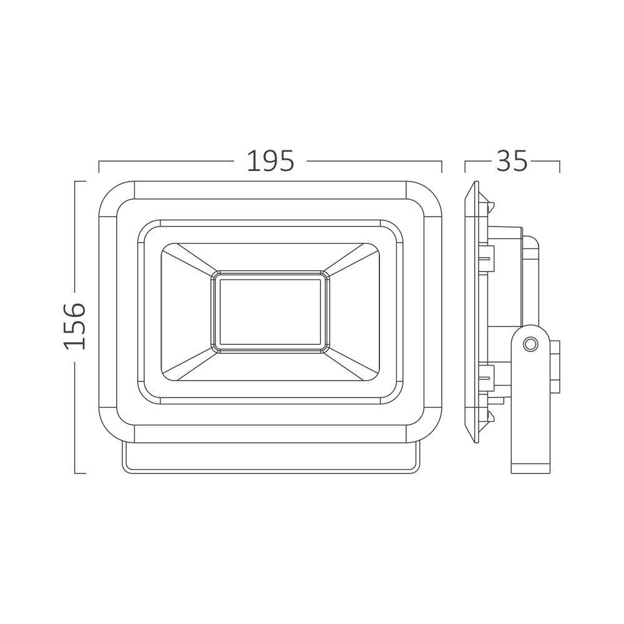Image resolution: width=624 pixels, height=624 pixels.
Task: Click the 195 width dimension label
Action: tap(271, 161)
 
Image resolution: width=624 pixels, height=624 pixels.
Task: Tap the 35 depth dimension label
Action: tap(512, 161)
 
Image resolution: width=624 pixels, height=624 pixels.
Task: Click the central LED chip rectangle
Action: tap(270, 312)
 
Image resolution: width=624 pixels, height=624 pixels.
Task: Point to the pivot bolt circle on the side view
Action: tap(530, 343)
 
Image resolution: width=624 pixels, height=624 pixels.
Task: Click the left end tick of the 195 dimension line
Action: tap(99, 167)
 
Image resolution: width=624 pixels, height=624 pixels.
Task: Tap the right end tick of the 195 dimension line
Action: tap(442, 167)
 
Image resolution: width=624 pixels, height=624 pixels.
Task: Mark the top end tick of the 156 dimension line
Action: tap(80, 182)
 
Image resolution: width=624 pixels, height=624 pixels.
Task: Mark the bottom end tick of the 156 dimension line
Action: tap(80, 473)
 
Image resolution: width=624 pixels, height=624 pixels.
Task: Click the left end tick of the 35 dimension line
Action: tap(466, 167)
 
